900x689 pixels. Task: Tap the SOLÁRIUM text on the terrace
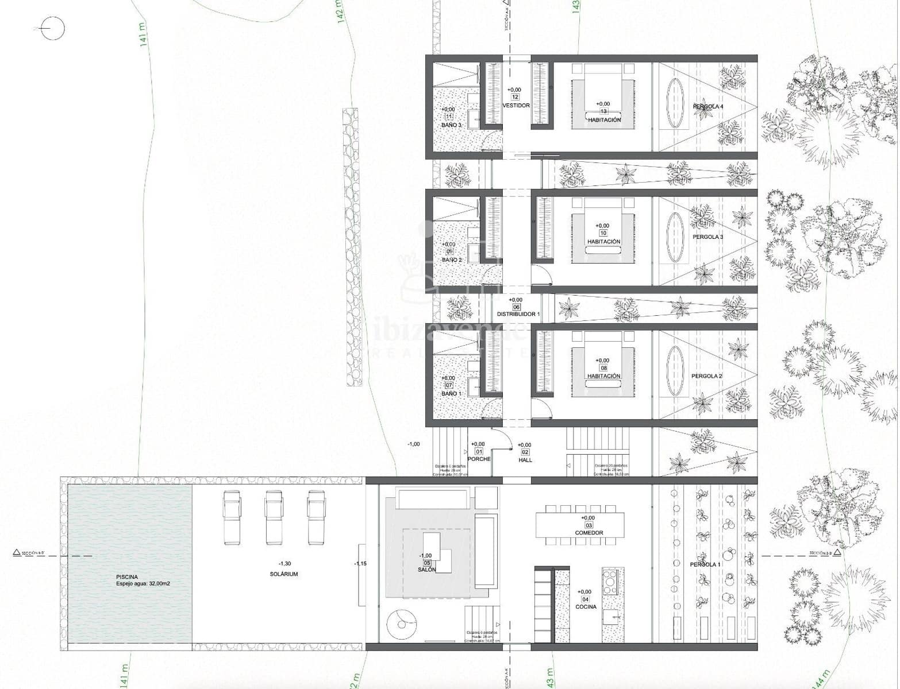pos(284,574)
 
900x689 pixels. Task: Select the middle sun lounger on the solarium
pos(274,517)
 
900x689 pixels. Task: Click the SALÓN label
pos(426,570)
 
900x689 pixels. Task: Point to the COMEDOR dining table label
pos(589,533)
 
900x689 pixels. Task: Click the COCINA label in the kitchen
pos(585,606)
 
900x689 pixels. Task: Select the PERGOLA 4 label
pos(707,107)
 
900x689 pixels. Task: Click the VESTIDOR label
pos(516,106)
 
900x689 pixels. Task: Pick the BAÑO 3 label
pos(451,125)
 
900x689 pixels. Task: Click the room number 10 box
pos(603,234)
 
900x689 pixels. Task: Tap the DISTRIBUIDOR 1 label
pos(518,314)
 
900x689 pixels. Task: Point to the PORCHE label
pos(479,459)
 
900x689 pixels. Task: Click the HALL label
pos(525,460)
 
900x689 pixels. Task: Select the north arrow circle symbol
pos(53,28)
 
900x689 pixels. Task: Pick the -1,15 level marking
pos(360,563)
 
